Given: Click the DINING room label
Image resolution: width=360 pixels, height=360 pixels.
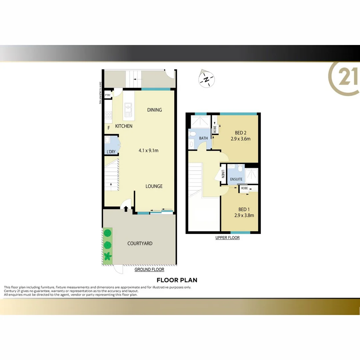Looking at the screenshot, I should click(154, 110).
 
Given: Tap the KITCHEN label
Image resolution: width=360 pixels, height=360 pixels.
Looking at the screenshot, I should click(124, 126).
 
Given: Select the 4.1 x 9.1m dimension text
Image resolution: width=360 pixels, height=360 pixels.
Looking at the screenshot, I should click(148, 150).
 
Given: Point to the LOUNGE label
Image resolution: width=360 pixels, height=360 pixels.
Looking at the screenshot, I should click(154, 186).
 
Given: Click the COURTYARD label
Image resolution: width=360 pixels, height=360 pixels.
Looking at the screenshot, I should click(140, 243).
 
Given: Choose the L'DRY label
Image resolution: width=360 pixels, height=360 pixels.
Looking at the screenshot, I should click(111, 152).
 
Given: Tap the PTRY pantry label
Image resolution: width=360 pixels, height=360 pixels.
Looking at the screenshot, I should click(108, 95).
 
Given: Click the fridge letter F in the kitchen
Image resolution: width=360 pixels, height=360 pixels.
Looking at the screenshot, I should click(108, 127).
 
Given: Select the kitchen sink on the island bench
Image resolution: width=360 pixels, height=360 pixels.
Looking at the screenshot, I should click(128, 108).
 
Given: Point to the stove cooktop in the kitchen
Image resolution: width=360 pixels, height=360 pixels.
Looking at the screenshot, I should click(108, 115).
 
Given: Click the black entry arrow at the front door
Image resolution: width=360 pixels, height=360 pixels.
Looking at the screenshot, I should click(126, 209).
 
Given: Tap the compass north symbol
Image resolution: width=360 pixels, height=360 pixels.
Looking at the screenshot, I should click(207, 79).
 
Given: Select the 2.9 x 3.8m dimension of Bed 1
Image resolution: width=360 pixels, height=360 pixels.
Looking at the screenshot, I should click(244, 215).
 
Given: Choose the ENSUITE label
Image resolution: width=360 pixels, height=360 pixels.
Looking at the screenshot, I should click(236, 179).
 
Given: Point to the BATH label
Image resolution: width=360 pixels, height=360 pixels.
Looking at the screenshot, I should click(203, 138).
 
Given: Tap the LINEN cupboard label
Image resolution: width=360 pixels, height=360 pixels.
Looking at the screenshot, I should click(223, 174).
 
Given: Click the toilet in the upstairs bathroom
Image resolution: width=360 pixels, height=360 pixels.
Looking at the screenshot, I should click(192, 134).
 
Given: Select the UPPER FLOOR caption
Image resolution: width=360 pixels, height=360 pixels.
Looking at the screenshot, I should click(227, 238).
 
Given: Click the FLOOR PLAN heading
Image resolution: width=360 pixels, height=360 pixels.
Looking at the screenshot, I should click(177, 280).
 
